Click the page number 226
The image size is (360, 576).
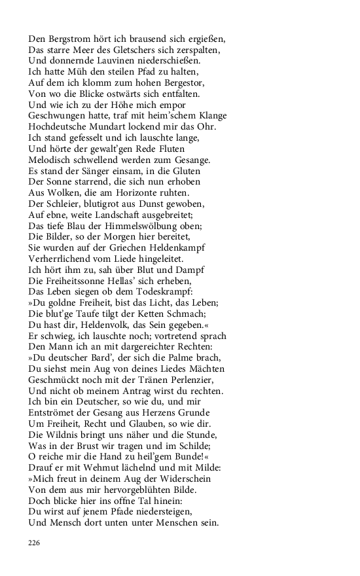[35, 543]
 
